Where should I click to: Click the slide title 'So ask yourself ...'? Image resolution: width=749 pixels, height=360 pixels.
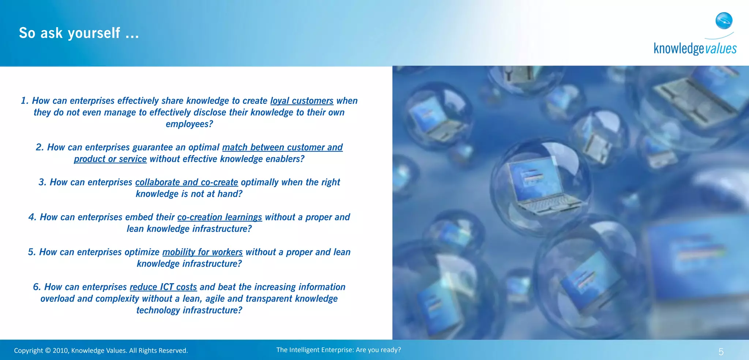tap(79, 33)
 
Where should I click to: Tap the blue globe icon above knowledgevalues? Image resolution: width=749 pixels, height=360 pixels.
tap(724, 20)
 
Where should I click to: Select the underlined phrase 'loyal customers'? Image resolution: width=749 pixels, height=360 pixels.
tap(302, 101)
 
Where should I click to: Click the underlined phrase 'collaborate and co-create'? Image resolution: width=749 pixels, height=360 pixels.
tap(187, 182)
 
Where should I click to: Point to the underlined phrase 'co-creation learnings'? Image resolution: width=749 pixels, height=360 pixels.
tap(219, 217)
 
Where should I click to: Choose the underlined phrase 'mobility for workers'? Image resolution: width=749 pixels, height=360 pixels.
tap(202, 252)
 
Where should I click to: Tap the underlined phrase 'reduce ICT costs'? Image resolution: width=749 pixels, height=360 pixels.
tap(163, 287)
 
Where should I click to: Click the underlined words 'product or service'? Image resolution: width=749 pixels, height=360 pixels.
tap(110, 159)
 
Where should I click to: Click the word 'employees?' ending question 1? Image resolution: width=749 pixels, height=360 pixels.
tap(189, 124)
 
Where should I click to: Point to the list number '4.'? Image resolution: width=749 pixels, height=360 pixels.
tap(32, 217)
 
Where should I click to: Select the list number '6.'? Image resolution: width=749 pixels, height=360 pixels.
tap(37, 287)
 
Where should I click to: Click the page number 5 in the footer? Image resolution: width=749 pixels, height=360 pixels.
tap(721, 352)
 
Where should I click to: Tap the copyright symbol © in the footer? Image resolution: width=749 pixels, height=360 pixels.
tap(48, 350)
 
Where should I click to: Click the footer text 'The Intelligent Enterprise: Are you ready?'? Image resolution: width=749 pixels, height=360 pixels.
tap(338, 350)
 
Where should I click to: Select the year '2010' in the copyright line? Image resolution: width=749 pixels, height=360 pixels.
tap(60, 350)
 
